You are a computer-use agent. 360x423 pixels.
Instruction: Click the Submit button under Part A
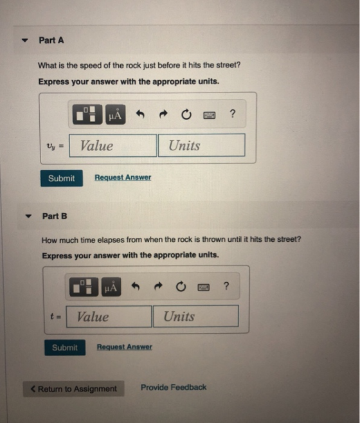click(x=62, y=178)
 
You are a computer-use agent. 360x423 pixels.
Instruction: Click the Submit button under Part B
click(x=65, y=347)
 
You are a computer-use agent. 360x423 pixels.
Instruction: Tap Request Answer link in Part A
click(x=123, y=177)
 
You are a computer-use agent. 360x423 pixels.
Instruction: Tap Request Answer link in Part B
click(x=125, y=347)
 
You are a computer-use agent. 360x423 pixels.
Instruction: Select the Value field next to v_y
click(x=113, y=146)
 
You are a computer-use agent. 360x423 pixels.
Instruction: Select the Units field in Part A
click(x=202, y=145)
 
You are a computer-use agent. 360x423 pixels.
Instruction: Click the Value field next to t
click(x=109, y=316)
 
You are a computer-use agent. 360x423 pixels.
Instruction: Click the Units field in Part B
click(x=196, y=316)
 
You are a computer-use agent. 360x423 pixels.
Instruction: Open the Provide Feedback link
click(x=174, y=388)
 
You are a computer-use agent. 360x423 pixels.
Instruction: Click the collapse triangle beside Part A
click(x=25, y=40)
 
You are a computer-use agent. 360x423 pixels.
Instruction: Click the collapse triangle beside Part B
click(x=28, y=216)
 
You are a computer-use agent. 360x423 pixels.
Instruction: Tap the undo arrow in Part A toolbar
click(x=140, y=114)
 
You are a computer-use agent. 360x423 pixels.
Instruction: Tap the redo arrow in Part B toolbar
click(x=158, y=286)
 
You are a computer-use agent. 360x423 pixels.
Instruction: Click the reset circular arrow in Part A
click(x=186, y=114)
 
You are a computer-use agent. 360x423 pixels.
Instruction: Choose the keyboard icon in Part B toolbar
click(x=204, y=287)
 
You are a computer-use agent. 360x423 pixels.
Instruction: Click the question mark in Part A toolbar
click(x=232, y=114)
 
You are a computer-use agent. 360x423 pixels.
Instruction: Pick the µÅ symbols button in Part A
click(x=116, y=114)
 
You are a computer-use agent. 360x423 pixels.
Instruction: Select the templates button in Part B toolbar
click(x=84, y=287)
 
